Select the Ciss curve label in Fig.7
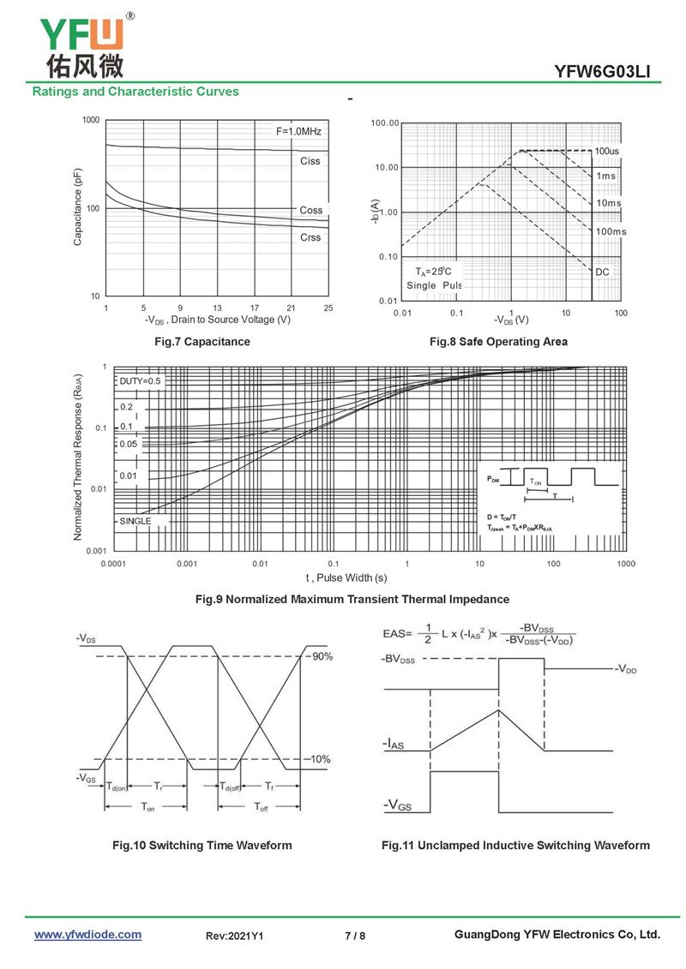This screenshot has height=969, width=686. pos(310,161)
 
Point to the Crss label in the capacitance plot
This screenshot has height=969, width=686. pos(310,237)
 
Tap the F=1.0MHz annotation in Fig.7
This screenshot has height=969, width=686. pos(298,131)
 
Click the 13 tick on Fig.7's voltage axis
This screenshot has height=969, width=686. pos(218,308)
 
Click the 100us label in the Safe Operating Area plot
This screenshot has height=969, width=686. pos(607,152)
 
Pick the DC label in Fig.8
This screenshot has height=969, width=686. pos(603,272)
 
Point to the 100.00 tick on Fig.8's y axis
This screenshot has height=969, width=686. pos(385,123)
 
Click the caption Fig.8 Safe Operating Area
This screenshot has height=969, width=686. pos(498,342)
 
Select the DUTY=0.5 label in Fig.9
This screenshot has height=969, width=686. pos(140,381)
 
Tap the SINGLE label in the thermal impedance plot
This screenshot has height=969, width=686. pos(135,521)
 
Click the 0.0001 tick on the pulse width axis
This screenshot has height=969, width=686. pos(114,564)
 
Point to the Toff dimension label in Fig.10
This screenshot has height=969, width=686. pos(262,807)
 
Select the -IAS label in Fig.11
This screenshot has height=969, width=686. pos(394,745)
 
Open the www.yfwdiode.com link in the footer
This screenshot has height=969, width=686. pos(87,935)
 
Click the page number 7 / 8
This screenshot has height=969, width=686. pos(355,936)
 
